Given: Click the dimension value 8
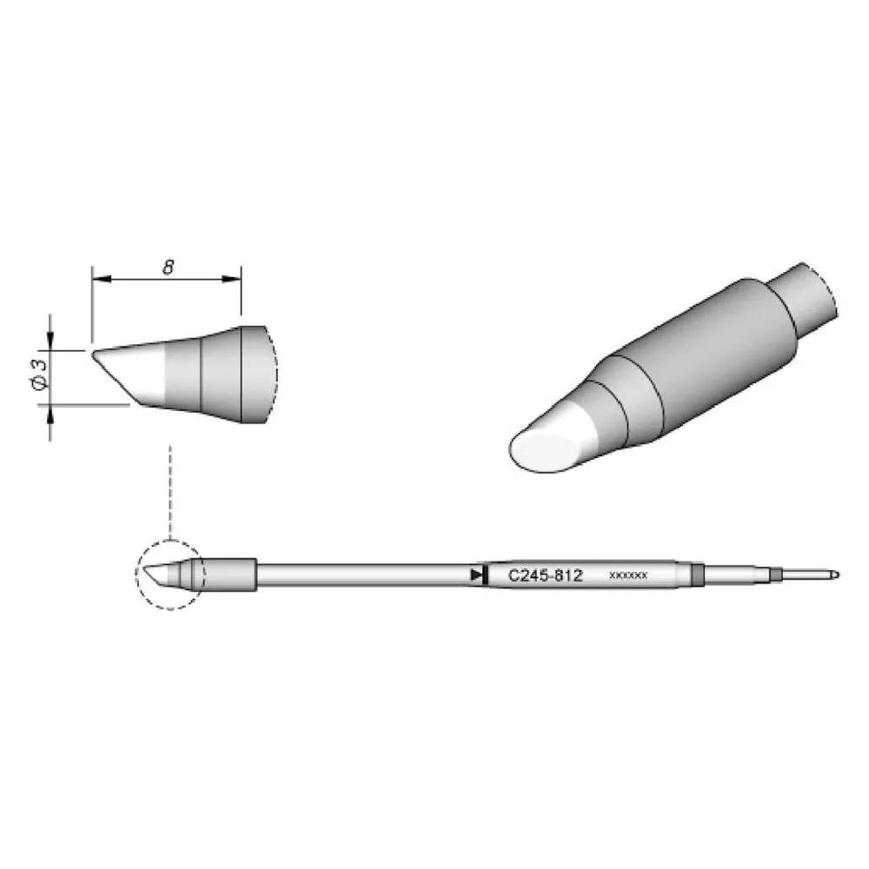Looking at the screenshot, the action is (x=168, y=268).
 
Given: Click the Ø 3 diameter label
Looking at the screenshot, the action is (x=41, y=375).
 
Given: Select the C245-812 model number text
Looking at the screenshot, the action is (x=546, y=576).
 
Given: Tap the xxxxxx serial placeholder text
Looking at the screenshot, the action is (x=628, y=575).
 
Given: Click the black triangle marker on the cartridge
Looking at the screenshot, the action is (x=475, y=575).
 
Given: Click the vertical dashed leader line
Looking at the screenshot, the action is (x=170, y=492).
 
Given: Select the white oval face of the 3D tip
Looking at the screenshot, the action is (x=541, y=451).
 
